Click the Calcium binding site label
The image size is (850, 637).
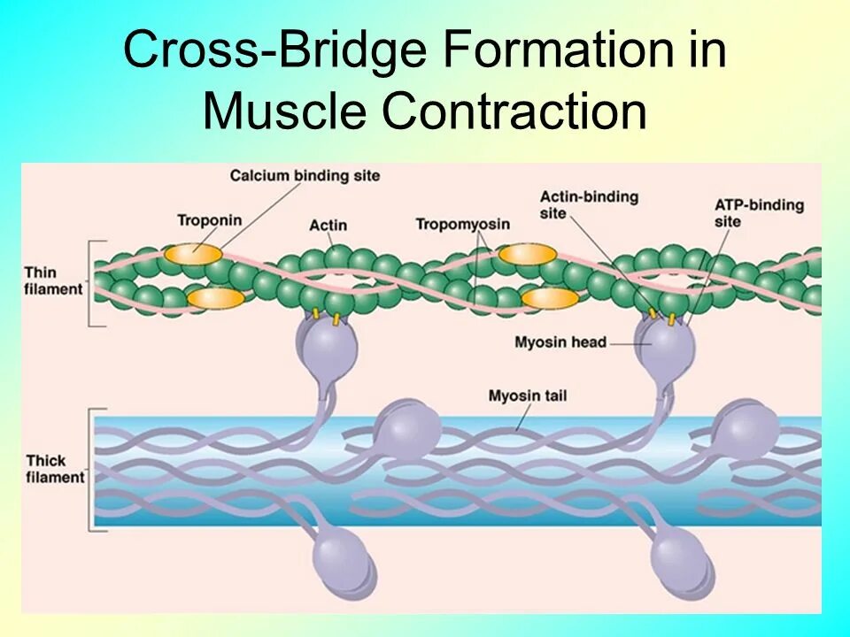(305, 176)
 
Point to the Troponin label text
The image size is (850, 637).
(209, 220)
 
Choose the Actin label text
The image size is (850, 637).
(327, 225)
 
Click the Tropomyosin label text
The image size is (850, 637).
(462, 224)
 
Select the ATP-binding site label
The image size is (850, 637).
(759, 213)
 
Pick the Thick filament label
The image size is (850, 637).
(54, 469)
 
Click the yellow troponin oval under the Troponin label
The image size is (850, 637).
(194, 255)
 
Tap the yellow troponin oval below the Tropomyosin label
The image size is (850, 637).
(527, 255)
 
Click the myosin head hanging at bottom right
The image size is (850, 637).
(680, 559)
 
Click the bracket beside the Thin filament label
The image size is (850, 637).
(91, 283)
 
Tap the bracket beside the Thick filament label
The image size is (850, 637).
(91, 469)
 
